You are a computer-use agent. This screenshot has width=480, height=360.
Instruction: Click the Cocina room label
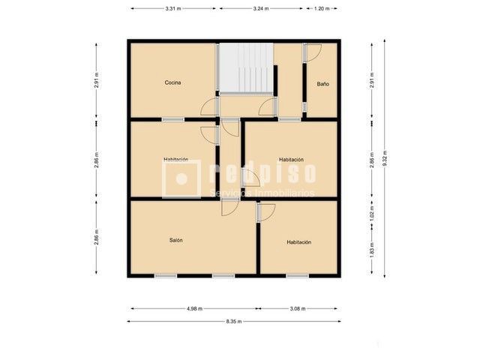(x=173, y=82)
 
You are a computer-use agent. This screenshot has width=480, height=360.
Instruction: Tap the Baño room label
(x=322, y=83)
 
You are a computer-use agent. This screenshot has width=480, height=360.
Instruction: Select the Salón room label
(x=175, y=240)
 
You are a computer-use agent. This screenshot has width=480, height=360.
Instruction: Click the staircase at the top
(x=244, y=68)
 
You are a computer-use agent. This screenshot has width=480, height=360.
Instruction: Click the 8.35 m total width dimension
(x=234, y=322)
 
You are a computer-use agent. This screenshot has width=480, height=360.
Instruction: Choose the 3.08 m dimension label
(x=297, y=308)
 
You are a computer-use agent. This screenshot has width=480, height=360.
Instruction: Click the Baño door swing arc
(x=313, y=52)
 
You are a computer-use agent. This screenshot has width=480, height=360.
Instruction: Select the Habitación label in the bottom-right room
(x=298, y=242)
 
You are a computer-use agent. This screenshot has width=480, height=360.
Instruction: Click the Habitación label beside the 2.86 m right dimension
(x=291, y=160)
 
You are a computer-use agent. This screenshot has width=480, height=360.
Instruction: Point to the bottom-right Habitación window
(x=297, y=275)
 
